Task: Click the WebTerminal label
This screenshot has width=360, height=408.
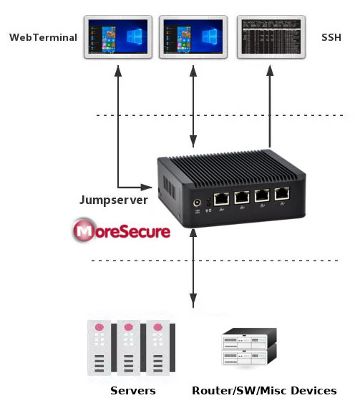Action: point(42,37)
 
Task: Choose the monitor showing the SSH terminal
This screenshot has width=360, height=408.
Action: point(269,37)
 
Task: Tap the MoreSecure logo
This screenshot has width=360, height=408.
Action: point(122,231)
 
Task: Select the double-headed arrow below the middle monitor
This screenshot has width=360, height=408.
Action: point(193,107)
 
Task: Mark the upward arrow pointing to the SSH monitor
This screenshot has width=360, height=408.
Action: point(270,107)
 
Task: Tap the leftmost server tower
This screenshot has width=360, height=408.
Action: point(99,348)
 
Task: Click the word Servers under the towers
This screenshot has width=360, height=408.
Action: point(132,391)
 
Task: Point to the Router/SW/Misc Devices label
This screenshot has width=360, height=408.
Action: point(264,391)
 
